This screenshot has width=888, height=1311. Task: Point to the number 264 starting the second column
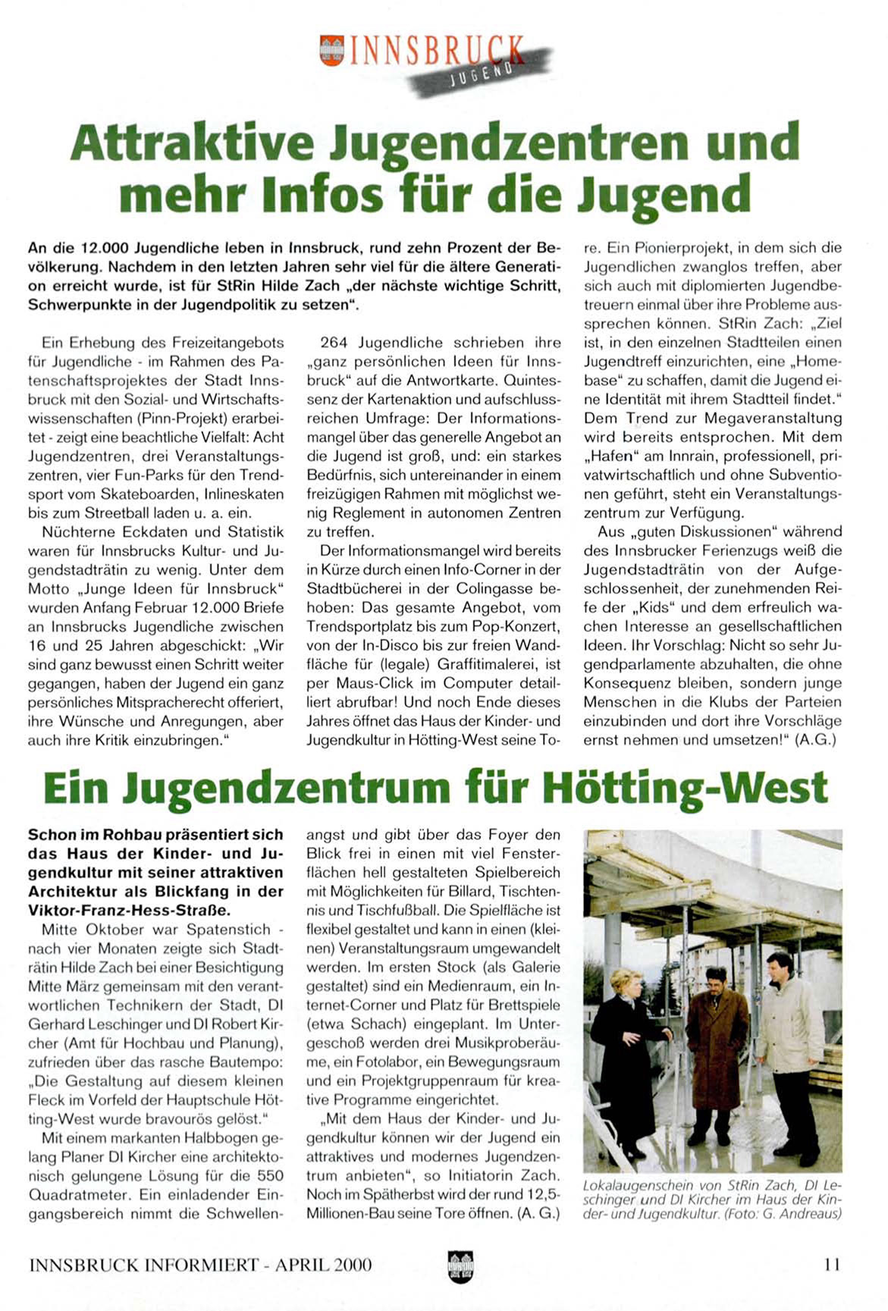334,343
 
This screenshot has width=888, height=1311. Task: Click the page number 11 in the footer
831,1264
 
